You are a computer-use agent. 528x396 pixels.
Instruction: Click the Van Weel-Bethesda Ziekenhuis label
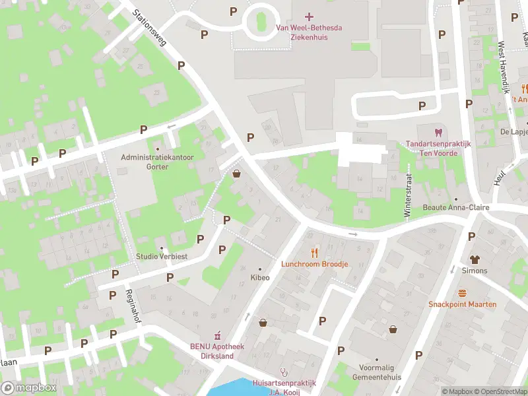(x=310, y=32)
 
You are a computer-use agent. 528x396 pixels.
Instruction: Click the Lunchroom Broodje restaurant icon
(x=314, y=252)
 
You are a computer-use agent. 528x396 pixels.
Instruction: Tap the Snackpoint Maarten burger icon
(x=462, y=292)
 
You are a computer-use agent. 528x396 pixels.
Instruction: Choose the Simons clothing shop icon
(x=475, y=259)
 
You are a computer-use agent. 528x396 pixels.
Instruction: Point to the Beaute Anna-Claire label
(x=455, y=207)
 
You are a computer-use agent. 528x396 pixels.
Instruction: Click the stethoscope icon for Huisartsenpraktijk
(x=284, y=372)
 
